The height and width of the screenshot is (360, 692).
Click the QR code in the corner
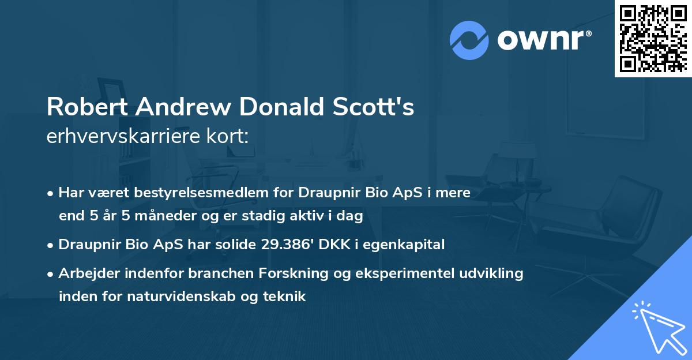653,38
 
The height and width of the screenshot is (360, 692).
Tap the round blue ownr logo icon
469,40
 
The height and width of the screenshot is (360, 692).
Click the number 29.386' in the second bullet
285,245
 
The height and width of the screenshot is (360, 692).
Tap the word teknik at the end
286,297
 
